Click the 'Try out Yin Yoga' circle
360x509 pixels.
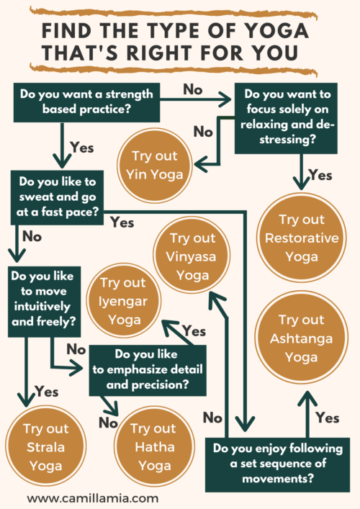click(x=155, y=166)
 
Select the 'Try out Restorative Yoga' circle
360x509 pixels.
click(x=301, y=238)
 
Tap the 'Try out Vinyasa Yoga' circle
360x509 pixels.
click(x=192, y=256)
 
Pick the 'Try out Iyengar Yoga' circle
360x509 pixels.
click(x=123, y=301)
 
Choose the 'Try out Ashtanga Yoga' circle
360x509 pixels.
click(x=301, y=338)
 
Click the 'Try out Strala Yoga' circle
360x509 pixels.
click(x=46, y=446)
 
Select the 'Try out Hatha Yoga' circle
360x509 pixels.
click(x=155, y=446)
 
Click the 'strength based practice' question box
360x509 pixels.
click(x=86, y=102)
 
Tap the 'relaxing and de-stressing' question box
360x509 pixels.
click(x=286, y=118)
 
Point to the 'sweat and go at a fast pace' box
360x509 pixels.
click(x=57, y=198)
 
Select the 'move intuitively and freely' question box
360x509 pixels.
click(x=44, y=302)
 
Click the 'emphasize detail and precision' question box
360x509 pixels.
click(x=148, y=370)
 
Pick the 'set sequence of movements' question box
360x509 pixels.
click(x=277, y=465)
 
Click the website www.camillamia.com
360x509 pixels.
click(x=93, y=498)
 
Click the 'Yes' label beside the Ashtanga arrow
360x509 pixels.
click(x=328, y=418)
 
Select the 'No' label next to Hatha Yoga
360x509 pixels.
click(x=108, y=423)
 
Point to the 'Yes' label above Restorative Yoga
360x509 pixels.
click(x=320, y=175)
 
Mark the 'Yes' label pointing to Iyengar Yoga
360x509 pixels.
click(x=194, y=331)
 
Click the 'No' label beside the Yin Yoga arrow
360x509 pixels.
click(x=203, y=132)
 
